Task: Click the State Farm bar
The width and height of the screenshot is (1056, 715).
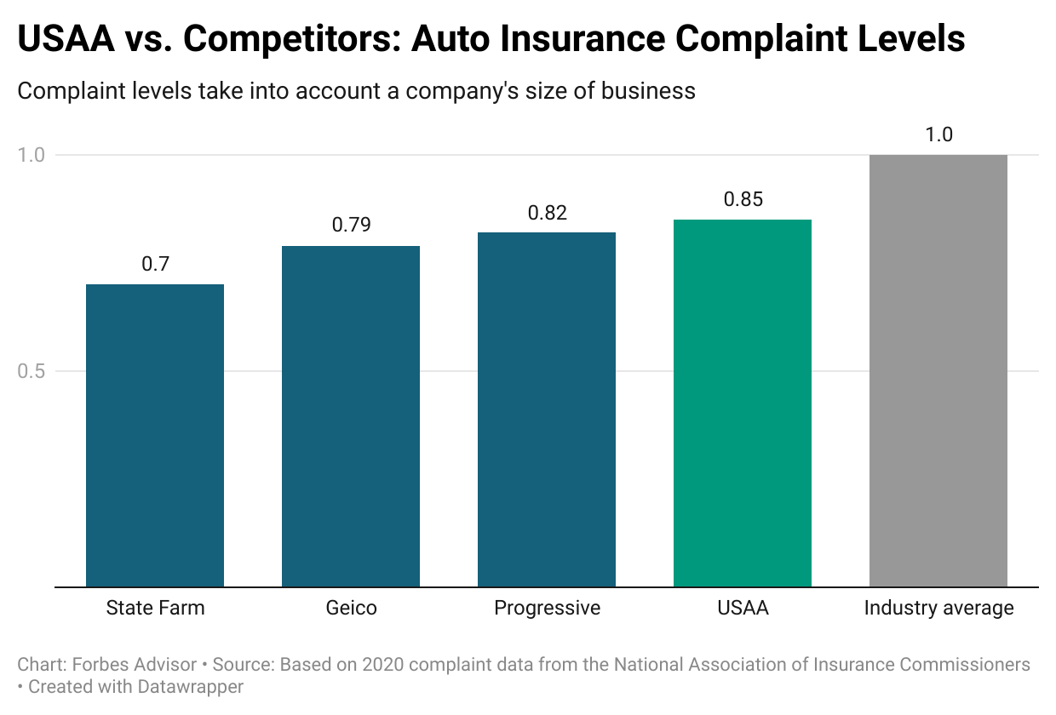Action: click(155, 435)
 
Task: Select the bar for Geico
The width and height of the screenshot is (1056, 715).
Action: click(351, 416)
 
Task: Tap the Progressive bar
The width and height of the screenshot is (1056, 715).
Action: click(547, 409)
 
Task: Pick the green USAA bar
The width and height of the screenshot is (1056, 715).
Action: click(743, 403)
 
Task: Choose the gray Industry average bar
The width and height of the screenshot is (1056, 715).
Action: click(938, 370)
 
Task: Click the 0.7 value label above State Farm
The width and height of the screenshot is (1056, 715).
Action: click(155, 264)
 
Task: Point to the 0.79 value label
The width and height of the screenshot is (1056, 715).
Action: click(351, 226)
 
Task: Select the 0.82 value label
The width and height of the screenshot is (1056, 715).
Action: click(547, 213)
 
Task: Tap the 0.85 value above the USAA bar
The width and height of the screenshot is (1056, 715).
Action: click(743, 200)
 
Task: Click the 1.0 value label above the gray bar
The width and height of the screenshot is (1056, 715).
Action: click(938, 135)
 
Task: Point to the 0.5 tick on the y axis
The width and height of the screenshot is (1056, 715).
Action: click(31, 371)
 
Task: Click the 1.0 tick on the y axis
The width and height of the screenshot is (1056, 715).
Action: click(31, 155)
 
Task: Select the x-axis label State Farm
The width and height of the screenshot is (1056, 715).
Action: click(155, 608)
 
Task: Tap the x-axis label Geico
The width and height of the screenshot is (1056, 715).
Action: click(351, 608)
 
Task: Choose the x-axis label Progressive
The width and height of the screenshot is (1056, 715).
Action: click(547, 608)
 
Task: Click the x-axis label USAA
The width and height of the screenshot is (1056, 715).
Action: click(743, 608)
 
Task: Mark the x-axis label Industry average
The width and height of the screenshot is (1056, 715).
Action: click(938, 608)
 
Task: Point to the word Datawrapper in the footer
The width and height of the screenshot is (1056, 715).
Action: click(192, 687)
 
